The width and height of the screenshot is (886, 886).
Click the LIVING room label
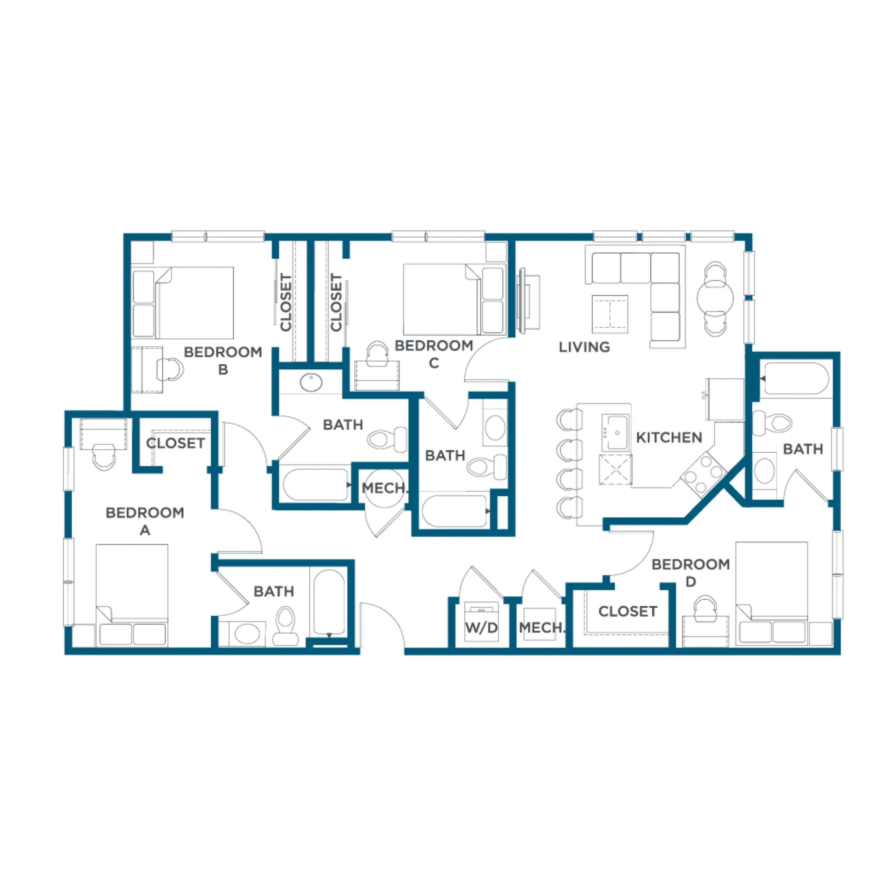coord(584,347)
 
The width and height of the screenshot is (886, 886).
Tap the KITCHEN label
coord(669,437)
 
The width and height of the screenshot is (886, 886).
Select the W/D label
coord(481,627)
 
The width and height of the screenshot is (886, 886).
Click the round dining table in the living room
coord(715,298)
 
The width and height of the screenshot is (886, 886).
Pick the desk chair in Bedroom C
coord(378,354)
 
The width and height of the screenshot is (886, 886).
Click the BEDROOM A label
coord(145,521)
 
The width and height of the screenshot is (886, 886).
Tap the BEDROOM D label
coord(691,573)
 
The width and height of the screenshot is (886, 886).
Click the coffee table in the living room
coord(610,314)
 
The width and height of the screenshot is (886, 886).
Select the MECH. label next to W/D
coord(541,627)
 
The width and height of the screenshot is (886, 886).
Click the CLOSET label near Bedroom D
coord(628,611)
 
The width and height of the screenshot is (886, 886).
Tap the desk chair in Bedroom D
coord(705,608)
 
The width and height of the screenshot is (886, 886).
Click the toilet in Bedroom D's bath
coord(773,422)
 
